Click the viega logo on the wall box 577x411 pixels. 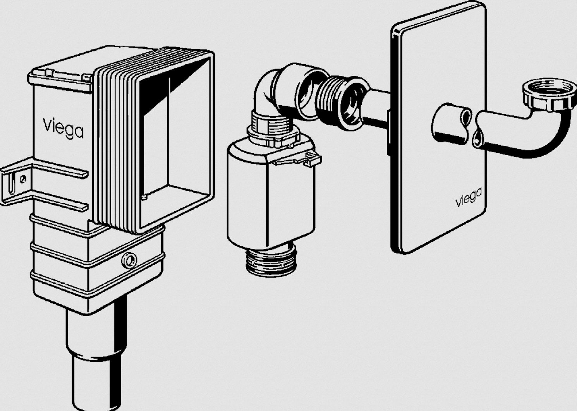click(63, 128)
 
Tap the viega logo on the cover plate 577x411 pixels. click(468, 197)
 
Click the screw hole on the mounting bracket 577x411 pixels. click(23, 179)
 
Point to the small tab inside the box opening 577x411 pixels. click(144, 197)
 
